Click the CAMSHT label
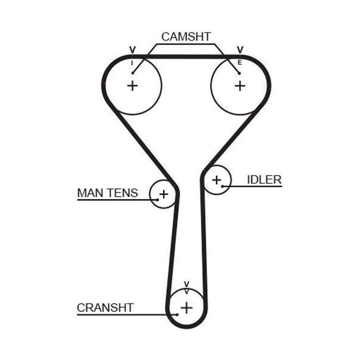tap(186, 37)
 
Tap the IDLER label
tap(264, 180)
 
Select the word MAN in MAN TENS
tap(91, 193)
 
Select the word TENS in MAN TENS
tap(123, 193)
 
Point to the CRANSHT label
tap(105, 308)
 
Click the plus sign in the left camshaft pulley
tap(133, 86)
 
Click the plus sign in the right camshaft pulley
tap(240, 86)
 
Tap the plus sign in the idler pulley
tap(217, 180)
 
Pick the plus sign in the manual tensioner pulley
tap(164, 194)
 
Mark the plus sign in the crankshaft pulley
tap(187, 308)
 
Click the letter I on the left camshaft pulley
tap(132, 63)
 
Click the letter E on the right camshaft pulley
tap(239, 62)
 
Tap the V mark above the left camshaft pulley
tap(133, 50)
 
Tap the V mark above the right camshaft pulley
tap(240, 50)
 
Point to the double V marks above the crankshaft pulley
tap(187, 287)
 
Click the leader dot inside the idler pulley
tap(222, 186)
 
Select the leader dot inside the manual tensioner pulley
tap(157, 200)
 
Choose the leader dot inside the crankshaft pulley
tap(177, 314)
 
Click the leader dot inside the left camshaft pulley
tap(133, 73)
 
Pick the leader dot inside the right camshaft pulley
tap(239, 73)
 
